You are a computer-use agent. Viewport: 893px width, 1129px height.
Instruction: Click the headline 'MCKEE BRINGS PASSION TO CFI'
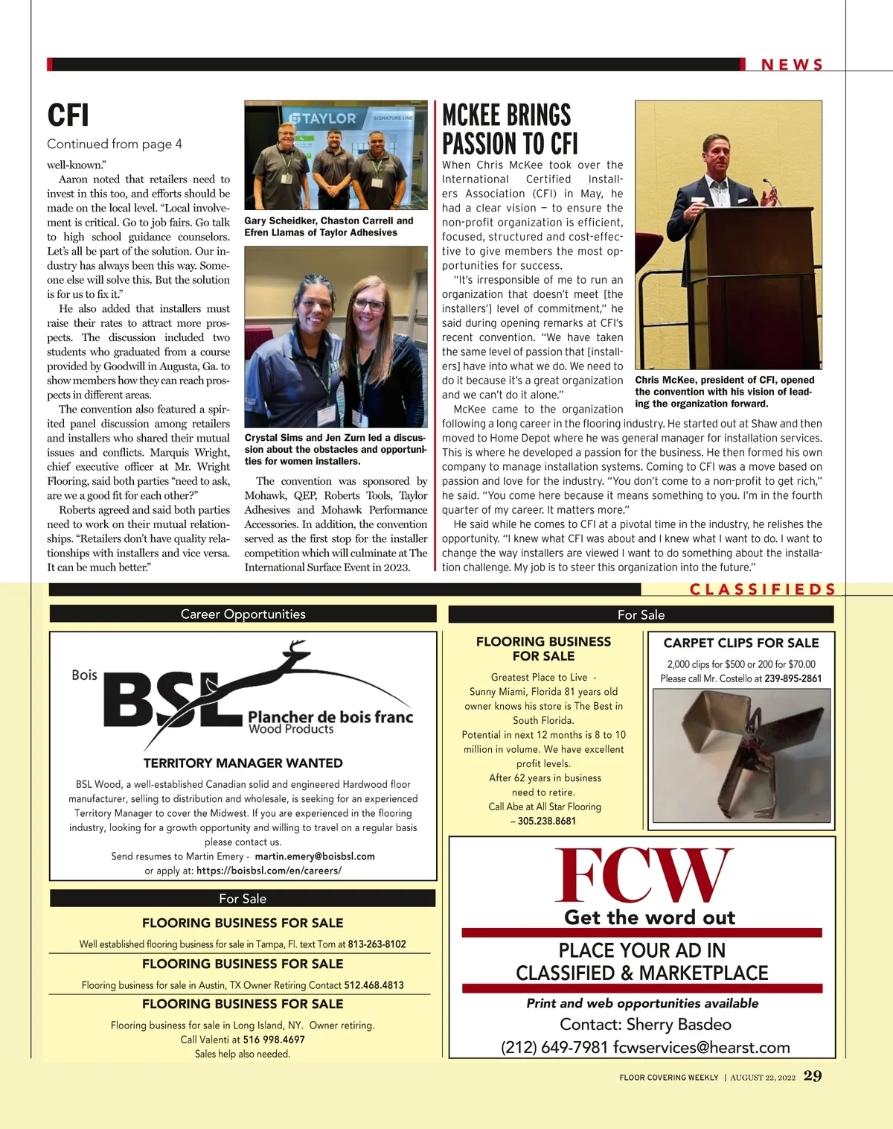[x=510, y=129]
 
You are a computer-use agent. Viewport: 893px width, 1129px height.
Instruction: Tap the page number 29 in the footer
[x=813, y=1075]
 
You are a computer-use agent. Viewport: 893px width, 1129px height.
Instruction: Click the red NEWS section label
[x=792, y=65]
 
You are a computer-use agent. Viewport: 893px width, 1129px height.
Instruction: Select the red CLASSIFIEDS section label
[x=763, y=590]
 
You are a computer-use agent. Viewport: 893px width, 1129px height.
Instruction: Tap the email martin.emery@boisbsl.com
[x=315, y=856]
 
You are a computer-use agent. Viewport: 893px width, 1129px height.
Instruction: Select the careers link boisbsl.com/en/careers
[x=269, y=871]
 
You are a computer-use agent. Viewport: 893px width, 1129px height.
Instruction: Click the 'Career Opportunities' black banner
[x=243, y=614]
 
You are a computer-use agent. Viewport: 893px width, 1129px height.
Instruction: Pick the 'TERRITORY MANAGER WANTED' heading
[x=243, y=763]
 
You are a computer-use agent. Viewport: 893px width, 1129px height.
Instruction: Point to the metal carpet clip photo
[x=741, y=754]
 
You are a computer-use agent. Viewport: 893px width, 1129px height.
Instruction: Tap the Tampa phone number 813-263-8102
[x=377, y=944]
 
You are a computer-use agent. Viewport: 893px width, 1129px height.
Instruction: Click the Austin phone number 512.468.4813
[x=374, y=985]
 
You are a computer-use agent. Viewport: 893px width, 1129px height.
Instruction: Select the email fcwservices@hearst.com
[x=701, y=1048]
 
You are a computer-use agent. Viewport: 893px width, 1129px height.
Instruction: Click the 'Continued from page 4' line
[x=115, y=144]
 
